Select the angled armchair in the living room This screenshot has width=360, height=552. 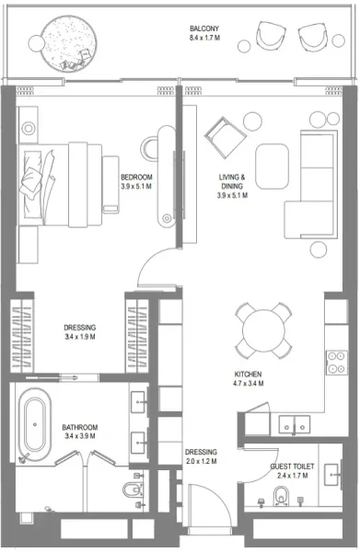[x=225, y=137]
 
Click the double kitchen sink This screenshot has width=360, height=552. [x=296, y=426]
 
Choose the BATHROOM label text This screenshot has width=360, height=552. [x=80, y=428]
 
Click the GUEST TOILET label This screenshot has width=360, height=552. [x=293, y=466]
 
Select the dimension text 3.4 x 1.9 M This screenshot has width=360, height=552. [x=80, y=338]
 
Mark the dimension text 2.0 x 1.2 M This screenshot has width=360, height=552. [x=201, y=462]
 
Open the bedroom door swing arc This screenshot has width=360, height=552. [x=150, y=267]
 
